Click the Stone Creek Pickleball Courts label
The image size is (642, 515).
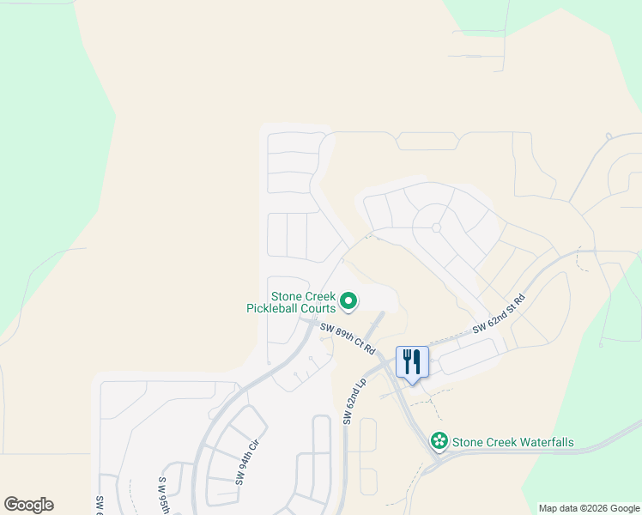pos(292,300)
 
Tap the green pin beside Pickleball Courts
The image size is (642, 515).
pos(348,300)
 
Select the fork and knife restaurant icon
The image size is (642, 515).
pos(413,360)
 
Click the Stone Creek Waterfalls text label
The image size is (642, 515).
pos(513,443)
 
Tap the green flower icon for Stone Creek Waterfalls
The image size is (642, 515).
pos(439,441)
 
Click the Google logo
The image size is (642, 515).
pos(28,505)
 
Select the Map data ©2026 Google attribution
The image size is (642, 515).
pos(588,508)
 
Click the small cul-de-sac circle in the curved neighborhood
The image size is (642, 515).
pos(436,227)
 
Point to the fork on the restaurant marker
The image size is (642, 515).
pos(407,359)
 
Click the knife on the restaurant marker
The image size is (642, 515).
pos(418,360)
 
